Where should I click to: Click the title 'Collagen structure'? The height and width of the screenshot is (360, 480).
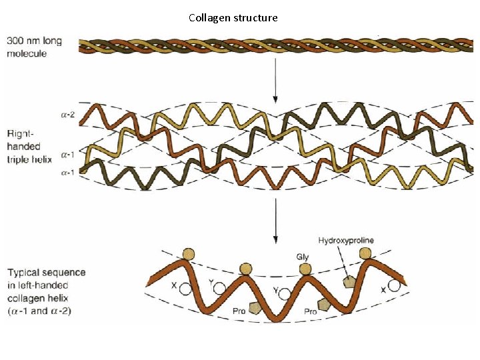coord(233,17)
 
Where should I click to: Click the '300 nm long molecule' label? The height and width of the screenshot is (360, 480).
coord(34,47)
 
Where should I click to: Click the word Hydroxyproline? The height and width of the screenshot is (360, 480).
coord(346,240)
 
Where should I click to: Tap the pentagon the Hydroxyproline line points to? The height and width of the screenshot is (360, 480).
coord(347,282)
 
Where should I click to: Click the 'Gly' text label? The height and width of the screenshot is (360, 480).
coord(303,256)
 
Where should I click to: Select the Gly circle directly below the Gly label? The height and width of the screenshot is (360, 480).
coord(305,269)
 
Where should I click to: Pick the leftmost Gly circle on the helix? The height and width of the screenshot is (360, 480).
coord(189,254)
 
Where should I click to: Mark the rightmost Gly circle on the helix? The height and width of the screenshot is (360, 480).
coord(365,253)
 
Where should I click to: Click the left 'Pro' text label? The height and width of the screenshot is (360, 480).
coord(239,311)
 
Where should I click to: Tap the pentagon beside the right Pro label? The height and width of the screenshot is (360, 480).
coord(324,305)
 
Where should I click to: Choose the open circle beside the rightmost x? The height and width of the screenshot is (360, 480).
coord(395,286)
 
